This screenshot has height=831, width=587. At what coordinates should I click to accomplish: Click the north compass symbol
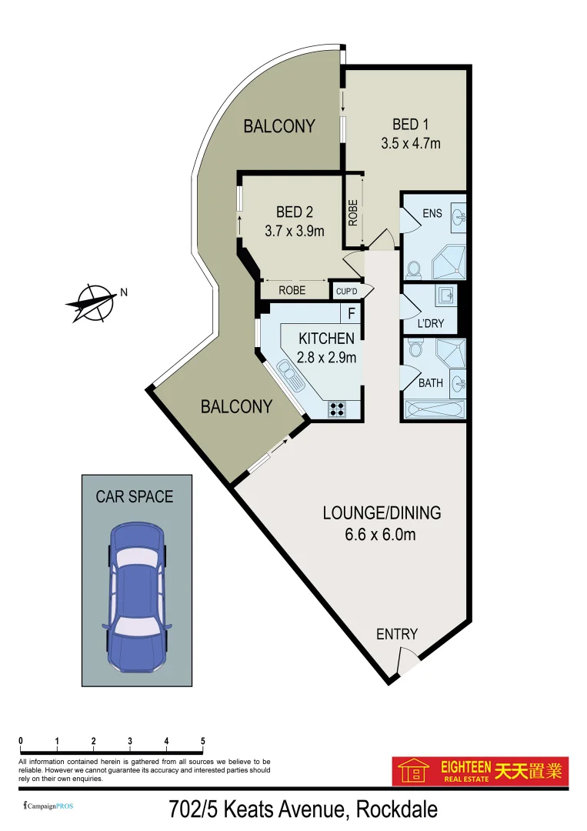(92, 302)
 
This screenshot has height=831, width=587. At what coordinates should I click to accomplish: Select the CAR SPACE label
(134, 497)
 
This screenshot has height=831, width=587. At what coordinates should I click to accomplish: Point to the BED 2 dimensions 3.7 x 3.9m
(295, 230)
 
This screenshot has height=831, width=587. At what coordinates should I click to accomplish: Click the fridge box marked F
(352, 314)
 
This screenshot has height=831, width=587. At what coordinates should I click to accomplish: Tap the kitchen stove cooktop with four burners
(337, 409)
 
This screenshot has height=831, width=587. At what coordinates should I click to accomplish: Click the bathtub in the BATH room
(435, 409)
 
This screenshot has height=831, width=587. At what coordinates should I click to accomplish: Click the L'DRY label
(431, 323)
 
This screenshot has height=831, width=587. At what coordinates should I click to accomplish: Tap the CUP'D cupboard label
(344, 292)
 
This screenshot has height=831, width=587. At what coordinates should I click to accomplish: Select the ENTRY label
(396, 634)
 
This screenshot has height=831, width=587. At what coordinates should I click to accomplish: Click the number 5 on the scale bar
(203, 742)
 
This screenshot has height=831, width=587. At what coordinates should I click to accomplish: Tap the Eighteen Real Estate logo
(480, 770)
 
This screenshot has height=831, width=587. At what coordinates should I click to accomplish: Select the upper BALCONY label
(279, 126)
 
